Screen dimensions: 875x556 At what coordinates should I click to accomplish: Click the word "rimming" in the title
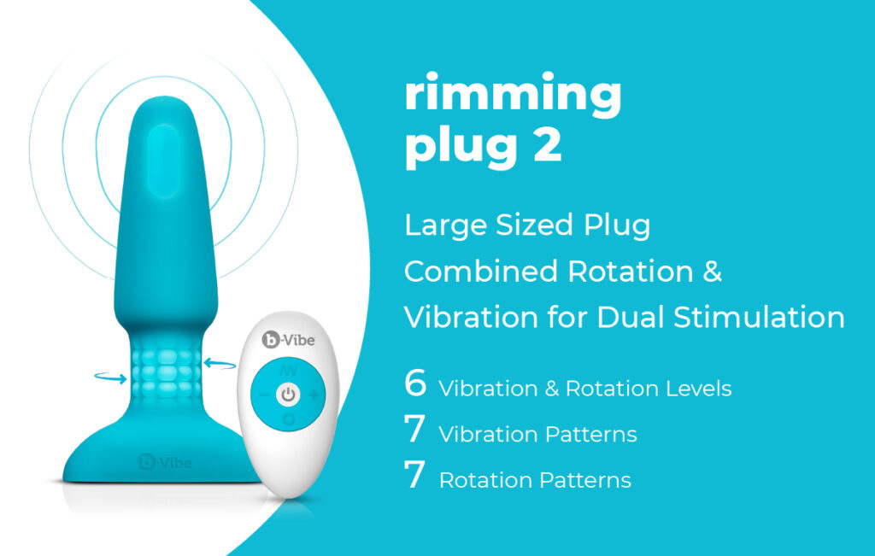click(513, 95)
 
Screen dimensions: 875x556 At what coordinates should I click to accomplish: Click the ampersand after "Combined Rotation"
click(713, 271)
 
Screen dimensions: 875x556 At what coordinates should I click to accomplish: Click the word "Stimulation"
click(760, 318)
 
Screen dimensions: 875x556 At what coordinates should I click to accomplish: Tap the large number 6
click(416, 383)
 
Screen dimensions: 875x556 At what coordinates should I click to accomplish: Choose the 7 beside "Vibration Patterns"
click(415, 429)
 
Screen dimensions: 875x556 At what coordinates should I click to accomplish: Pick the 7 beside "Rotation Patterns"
click(415, 475)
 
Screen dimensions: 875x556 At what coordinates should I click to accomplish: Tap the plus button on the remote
click(314, 395)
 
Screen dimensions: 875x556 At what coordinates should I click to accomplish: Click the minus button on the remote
click(264, 395)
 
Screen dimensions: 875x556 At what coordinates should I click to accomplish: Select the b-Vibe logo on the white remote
click(289, 339)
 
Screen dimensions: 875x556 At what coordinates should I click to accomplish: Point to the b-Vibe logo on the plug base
click(165, 462)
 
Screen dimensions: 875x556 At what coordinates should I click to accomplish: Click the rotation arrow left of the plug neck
click(111, 378)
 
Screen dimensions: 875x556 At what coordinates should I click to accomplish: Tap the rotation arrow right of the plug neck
click(220, 364)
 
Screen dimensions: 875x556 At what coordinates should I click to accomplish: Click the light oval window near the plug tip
click(164, 161)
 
